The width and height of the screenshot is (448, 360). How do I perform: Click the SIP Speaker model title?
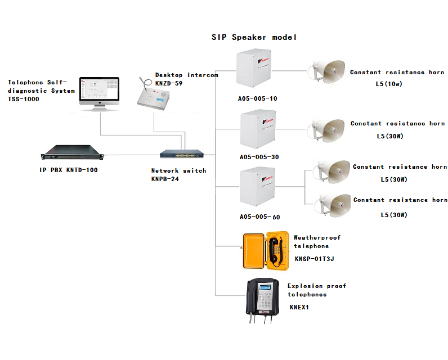click(254, 37)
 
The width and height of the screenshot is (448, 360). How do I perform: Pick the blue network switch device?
click(179, 154)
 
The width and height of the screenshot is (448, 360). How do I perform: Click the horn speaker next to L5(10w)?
click(326, 72)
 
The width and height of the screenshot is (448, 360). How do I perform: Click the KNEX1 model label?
click(299, 307)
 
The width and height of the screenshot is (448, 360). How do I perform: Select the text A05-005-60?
click(259, 217)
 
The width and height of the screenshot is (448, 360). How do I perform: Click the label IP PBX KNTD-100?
click(69, 170)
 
